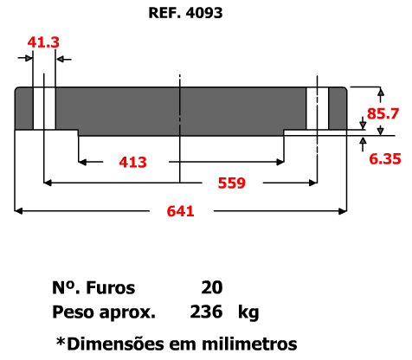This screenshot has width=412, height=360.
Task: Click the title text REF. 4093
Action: tap(185, 13)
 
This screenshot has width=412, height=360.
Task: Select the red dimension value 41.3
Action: tap(43, 42)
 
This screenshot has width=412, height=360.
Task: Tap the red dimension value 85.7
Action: tap(383, 113)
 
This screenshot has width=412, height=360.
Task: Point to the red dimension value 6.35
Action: tap(385, 159)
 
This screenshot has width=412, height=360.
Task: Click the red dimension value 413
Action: tap(132, 162)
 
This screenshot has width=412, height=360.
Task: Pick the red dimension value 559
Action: tap(232, 183)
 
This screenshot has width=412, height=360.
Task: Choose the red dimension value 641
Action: tap(180, 211)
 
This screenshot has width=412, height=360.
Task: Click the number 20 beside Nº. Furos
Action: tap(212, 287)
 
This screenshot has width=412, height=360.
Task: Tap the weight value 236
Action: tap(206, 312)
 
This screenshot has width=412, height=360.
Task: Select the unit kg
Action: tap(248, 312)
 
